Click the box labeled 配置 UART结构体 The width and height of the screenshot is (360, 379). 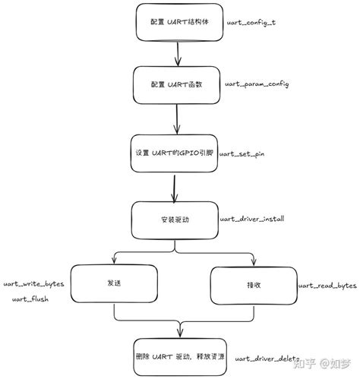(x=179, y=22)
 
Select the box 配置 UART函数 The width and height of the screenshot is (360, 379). (x=176, y=85)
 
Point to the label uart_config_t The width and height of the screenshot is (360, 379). (x=251, y=24)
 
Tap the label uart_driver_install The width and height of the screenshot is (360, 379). (x=251, y=218)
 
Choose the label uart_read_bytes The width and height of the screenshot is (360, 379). (x=327, y=285)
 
